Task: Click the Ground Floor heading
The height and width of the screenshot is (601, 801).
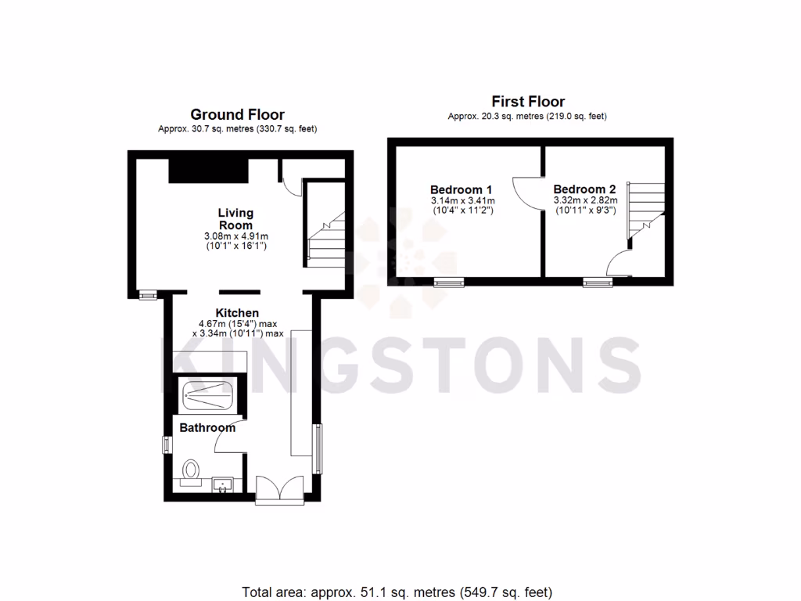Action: tap(237, 115)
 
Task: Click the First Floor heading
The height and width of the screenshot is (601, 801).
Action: tap(528, 102)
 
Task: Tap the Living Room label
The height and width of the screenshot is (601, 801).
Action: tap(235, 218)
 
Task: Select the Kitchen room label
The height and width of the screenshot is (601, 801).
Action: tap(237, 313)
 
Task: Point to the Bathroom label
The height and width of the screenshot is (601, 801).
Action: tap(207, 428)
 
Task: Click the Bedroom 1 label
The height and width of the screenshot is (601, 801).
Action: tap(462, 189)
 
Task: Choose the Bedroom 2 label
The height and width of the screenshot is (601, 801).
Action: tap(584, 189)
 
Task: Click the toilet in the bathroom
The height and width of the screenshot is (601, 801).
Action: tap(190, 471)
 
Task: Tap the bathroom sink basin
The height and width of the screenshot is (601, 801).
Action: tap(223, 484)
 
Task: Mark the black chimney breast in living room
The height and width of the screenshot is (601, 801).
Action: tap(208, 169)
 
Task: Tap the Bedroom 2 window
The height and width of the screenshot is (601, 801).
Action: tap(597, 282)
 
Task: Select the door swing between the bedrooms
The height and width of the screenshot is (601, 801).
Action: tap(526, 192)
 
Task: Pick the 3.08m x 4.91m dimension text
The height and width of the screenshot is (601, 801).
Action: tap(235, 236)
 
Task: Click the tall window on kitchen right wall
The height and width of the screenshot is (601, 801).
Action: tap(318, 448)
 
